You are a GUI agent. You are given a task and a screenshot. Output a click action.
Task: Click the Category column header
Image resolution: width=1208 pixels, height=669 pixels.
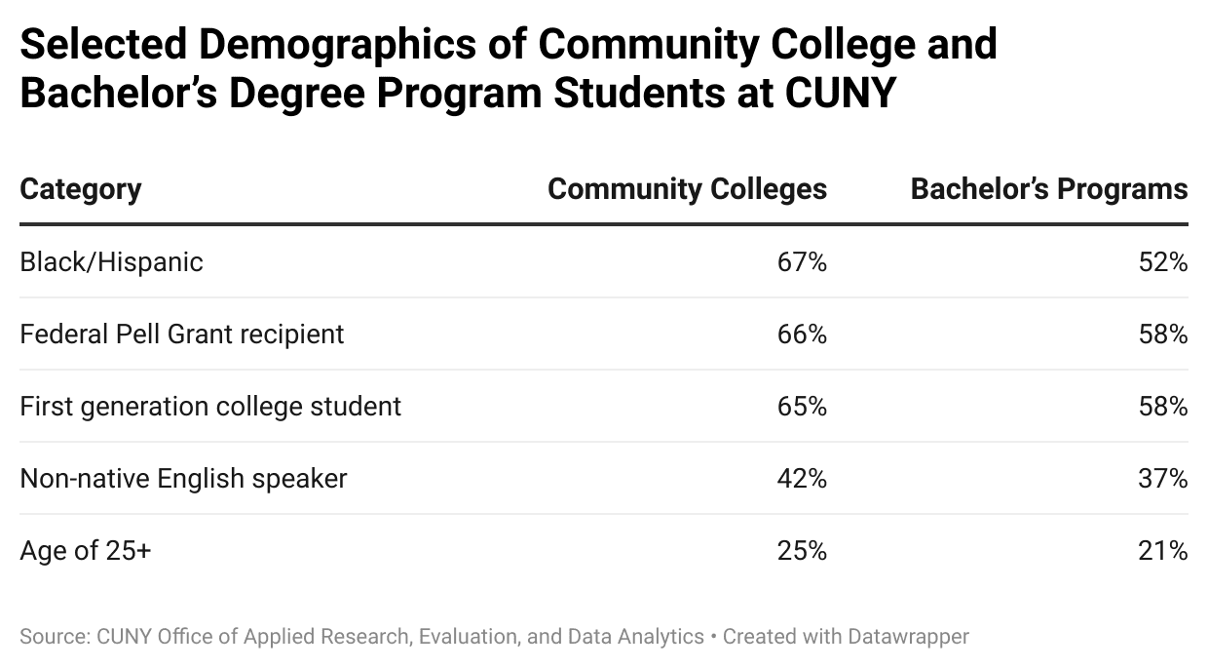pyautogui.click(x=81, y=189)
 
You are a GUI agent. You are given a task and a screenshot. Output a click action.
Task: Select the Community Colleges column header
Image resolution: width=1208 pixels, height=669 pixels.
pyautogui.click(x=687, y=189)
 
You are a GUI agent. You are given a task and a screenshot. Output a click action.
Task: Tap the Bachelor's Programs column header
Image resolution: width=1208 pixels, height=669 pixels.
pyautogui.click(x=1049, y=189)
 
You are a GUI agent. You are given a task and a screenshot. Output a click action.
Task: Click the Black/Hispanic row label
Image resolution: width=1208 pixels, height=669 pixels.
pyautogui.click(x=111, y=262)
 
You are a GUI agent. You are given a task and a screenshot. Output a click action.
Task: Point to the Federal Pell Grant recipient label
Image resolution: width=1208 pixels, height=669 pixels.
pyautogui.click(x=182, y=334)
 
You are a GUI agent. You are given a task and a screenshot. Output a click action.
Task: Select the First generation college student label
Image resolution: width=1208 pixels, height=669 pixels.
pyautogui.click(x=210, y=407)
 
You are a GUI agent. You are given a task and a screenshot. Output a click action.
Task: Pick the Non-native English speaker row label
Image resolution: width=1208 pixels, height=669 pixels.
pyautogui.click(x=183, y=479)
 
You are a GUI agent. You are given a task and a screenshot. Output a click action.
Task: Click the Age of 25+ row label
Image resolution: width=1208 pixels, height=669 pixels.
pyautogui.click(x=86, y=551)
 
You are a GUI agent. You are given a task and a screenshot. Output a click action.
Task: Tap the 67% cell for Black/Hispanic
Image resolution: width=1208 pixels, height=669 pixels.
pyautogui.click(x=802, y=262)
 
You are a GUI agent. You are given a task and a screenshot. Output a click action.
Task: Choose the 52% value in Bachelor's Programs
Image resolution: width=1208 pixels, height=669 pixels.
pyautogui.click(x=1163, y=262)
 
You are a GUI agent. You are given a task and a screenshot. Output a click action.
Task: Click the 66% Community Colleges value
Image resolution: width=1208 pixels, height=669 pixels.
pyautogui.click(x=802, y=334)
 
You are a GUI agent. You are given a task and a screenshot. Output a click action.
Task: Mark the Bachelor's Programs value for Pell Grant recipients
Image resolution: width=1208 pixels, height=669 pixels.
pyautogui.click(x=1163, y=334)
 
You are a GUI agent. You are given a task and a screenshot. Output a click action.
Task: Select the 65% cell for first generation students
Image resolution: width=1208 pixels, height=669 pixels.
pyautogui.click(x=802, y=407)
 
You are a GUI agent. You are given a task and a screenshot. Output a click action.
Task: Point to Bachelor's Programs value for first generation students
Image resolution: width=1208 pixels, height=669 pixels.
pyautogui.click(x=1163, y=407)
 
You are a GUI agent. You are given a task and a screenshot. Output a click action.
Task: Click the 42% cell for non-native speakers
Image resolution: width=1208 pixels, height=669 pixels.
pyautogui.click(x=802, y=479)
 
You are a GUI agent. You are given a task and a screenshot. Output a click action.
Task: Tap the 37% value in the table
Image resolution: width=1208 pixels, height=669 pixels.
pyautogui.click(x=1163, y=479)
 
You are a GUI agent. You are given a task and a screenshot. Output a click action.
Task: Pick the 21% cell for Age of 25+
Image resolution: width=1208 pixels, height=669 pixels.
pyautogui.click(x=1163, y=551)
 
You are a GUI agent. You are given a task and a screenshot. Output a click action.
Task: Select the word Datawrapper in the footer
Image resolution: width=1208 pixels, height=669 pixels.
pyautogui.click(x=908, y=637)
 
